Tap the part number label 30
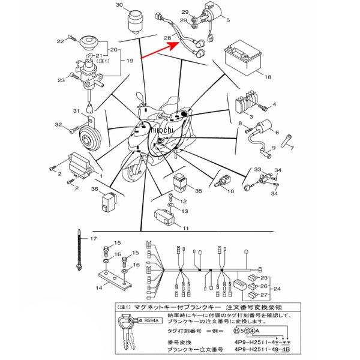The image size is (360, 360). pyautogui.click(x=118, y=5)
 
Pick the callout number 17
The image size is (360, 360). pyautogui.click(x=93, y=239)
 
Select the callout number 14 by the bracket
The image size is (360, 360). pyautogui.click(x=99, y=289)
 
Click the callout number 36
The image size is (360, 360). pyautogui.click(x=95, y=190)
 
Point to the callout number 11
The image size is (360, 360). pyautogui.click(x=186, y=229)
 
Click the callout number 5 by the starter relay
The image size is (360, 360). pyautogui.click(x=228, y=20)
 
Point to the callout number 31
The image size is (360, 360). pyautogui.click(x=76, y=112)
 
